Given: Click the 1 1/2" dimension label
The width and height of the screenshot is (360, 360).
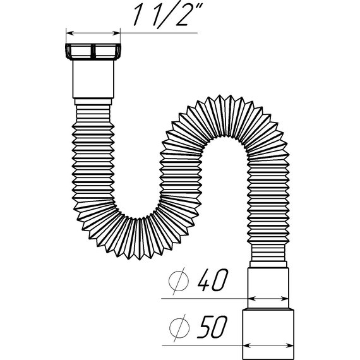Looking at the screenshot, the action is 168,15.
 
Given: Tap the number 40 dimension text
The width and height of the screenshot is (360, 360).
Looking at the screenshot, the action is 213,280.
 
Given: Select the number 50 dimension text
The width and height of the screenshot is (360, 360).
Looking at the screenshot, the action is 213,327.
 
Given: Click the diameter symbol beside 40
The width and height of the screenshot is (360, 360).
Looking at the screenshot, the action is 179,281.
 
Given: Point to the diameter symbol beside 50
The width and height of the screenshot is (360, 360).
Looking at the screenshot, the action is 179,328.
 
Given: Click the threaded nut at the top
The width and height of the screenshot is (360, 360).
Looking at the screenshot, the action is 93,51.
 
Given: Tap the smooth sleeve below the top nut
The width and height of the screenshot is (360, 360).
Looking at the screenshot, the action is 93,79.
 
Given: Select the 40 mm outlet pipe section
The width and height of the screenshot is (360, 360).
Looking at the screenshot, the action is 268,288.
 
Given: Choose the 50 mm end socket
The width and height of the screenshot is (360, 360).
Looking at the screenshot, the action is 268,334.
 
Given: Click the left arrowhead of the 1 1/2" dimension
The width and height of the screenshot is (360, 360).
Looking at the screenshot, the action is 69,33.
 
